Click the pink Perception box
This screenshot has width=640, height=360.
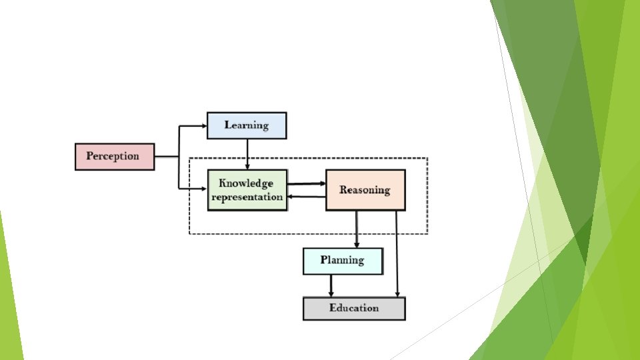click(x=115, y=157)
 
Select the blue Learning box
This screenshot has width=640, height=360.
click(x=247, y=125)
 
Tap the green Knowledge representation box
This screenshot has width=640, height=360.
click(x=247, y=190)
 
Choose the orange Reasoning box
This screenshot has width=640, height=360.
click(x=365, y=190)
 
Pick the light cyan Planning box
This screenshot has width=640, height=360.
click(x=343, y=261)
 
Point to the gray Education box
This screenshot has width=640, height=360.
click(x=354, y=309)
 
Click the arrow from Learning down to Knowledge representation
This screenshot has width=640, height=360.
click(x=247, y=154)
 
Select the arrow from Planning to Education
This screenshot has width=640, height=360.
click(x=331, y=286)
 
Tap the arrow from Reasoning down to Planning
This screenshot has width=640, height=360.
click(x=357, y=229)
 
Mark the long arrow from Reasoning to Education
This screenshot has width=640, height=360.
click(x=397, y=253)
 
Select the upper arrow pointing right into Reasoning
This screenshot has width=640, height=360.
click(x=307, y=183)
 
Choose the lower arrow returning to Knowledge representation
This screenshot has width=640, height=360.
click(x=307, y=197)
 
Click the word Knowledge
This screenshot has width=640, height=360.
click(x=246, y=183)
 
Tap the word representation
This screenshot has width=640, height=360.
click(x=247, y=197)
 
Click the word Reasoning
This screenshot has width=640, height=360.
click(x=365, y=190)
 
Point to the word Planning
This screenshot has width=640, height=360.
click(x=342, y=260)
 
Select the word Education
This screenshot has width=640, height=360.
click(x=354, y=308)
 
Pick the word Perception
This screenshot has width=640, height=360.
click(x=113, y=156)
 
